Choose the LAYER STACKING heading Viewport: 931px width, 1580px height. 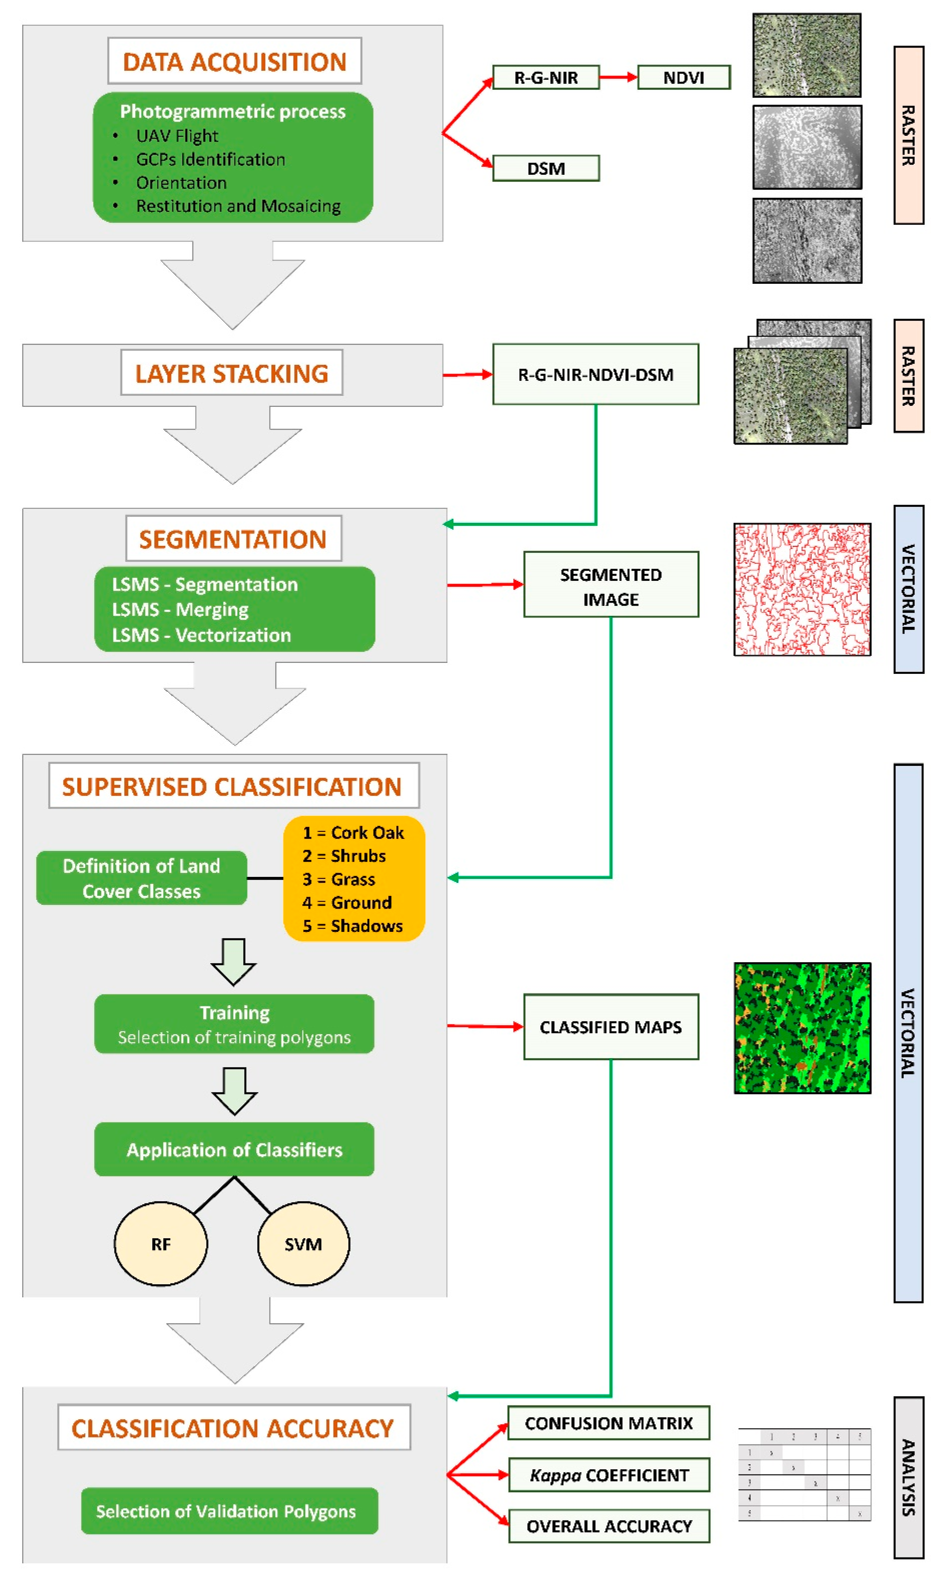click(x=232, y=373)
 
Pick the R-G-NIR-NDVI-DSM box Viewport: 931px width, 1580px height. click(x=595, y=374)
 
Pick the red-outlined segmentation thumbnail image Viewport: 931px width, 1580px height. click(x=803, y=590)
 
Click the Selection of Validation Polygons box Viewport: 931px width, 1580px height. click(x=230, y=1511)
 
